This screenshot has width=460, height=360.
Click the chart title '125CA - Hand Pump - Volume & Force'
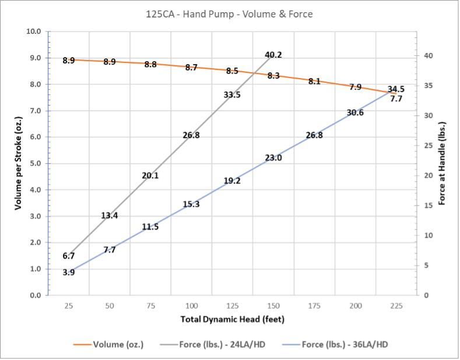pyautogui.click(x=229, y=13)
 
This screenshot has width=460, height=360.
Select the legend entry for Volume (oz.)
pyautogui.click(x=115, y=344)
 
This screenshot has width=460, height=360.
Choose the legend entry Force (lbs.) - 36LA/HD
pyautogui.click(x=345, y=344)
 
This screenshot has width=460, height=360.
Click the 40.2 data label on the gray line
pyautogui.click(x=273, y=55)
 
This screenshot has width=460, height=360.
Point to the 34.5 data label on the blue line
pyautogui.click(x=396, y=89)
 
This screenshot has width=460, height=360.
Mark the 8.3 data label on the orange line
pyautogui.click(x=273, y=76)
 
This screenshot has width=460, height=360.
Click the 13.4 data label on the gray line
pyautogui.click(x=110, y=216)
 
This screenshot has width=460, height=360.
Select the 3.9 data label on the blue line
pyautogui.click(x=69, y=272)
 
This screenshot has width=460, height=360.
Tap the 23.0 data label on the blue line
pyautogui.click(x=273, y=158)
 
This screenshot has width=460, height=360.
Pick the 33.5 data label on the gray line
pyautogui.click(x=232, y=94)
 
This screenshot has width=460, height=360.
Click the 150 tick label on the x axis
pyautogui.click(x=273, y=306)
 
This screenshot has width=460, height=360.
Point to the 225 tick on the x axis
pyautogui.click(x=396, y=306)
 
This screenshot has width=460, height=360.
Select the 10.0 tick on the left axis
pyautogui.click(x=34, y=31)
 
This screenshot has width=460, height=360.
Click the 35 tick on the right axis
pyautogui.click(x=429, y=86)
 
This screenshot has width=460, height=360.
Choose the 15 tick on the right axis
pyautogui.click(x=429, y=206)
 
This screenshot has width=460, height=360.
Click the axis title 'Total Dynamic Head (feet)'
pyautogui.click(x=232, y=319)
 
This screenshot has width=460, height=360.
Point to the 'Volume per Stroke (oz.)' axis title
pyautogui.click(x=18, y=163)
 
